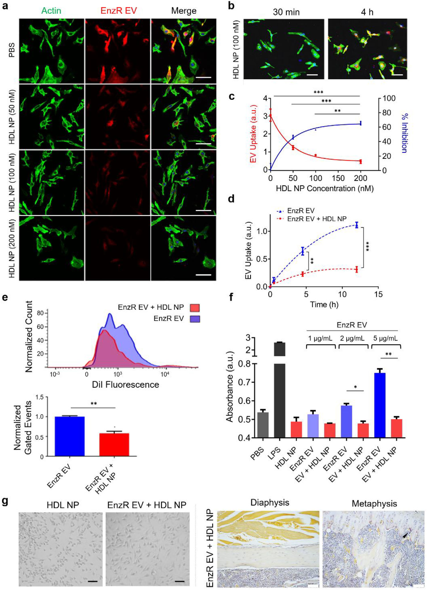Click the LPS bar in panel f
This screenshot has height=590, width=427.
279,390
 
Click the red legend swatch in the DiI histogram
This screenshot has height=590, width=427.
195,308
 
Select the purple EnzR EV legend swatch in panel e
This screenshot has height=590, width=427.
195,319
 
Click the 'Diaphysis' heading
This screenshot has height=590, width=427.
270,503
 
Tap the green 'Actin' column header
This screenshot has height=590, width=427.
51,11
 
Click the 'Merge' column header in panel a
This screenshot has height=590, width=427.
184,11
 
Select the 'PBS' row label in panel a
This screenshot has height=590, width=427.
12,50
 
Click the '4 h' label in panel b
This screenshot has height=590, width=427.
367,12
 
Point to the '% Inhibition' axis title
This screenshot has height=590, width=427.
405,133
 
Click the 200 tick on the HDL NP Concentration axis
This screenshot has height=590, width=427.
360,178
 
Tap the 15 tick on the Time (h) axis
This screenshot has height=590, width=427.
378,294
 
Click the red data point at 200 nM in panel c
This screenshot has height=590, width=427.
360,161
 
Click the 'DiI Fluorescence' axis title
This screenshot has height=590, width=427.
125,385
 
